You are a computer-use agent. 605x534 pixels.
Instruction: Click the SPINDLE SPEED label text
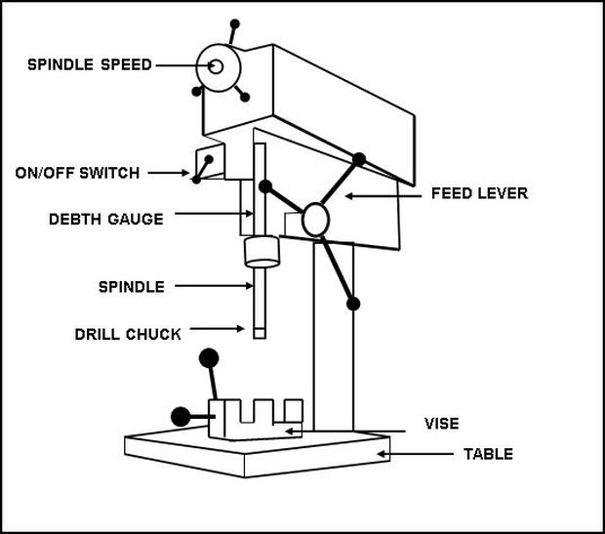(89, 65)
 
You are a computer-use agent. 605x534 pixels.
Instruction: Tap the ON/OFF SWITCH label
(77, 173)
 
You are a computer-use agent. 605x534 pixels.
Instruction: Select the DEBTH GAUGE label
(105, 219)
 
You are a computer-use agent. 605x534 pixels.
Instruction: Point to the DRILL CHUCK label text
(128, 334)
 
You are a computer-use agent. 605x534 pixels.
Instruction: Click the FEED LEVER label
(479, 193)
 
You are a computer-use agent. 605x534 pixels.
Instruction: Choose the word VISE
(441, 424)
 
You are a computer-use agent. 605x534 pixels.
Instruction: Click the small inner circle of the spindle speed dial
(216, 66)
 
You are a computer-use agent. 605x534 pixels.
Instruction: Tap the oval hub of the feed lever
(315, 219)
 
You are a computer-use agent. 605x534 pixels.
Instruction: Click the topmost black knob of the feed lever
(359, 158)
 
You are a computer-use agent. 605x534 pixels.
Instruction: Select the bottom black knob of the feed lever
(353, 304)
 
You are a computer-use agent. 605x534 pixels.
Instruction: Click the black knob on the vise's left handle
(180, 417)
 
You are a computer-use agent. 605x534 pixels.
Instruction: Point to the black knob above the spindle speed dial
(232, 23)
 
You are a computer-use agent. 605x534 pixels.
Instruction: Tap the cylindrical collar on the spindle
(260, 253)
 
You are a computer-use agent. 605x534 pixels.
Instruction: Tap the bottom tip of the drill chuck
(259, 335)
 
